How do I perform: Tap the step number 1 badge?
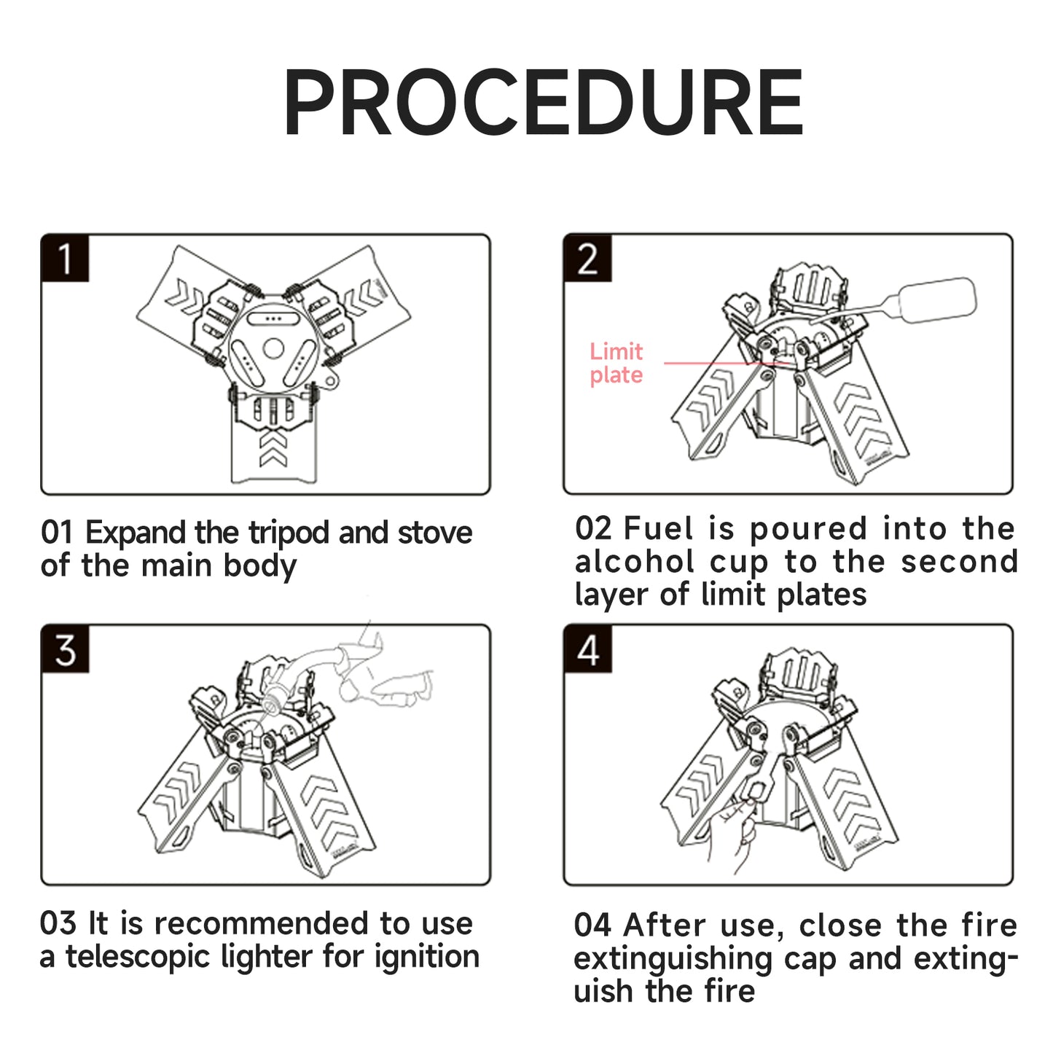pyautogui.click(x=66, y=259)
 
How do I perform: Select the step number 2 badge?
pyautogui.click(x=587, y=259)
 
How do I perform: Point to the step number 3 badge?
pyautogui.click(x=66, y=649)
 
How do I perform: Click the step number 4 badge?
pyautogui.click(x=587, y=649)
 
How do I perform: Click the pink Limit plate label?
pyautogui.click(x=616, y=363)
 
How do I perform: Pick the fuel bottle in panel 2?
pyautogui.click(x=936, y=299)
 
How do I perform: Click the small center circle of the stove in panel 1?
pyautogui.click(x=273, y=348)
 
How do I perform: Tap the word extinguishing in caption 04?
pyautogui.click(x=673, y=959)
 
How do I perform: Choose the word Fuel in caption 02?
pyautogui.click(x=659, y=528)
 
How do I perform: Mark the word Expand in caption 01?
pyautogui.click(x=136, y=533)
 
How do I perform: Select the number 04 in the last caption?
pyautogui.click(x=592, y=925)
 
